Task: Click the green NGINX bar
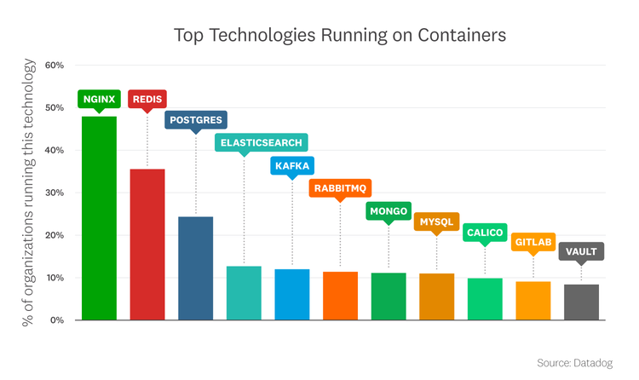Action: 99,218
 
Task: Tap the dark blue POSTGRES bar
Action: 195,268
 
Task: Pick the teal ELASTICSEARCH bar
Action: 244,293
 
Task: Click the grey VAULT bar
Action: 582,302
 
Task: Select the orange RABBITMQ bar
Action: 340,296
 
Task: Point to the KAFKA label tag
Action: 291,165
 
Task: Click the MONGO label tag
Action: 389,210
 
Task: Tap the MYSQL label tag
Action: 437,222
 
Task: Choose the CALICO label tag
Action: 485,233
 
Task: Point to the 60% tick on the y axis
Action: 54,66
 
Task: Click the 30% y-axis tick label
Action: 54,193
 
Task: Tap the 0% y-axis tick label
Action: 56,320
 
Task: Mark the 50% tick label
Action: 54,108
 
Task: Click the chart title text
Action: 340,36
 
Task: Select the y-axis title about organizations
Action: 28,193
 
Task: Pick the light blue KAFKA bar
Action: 291,295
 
